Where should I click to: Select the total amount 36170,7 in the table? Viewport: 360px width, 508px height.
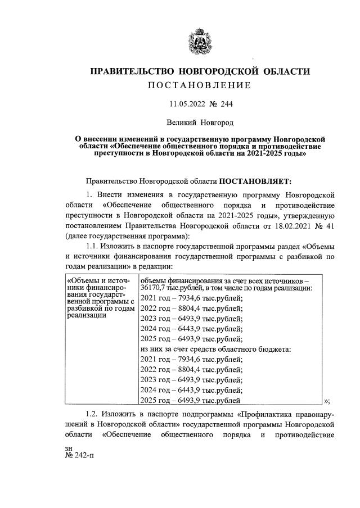(x=153, y=288)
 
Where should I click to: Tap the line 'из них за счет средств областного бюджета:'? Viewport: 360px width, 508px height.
(x=215, y=349)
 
